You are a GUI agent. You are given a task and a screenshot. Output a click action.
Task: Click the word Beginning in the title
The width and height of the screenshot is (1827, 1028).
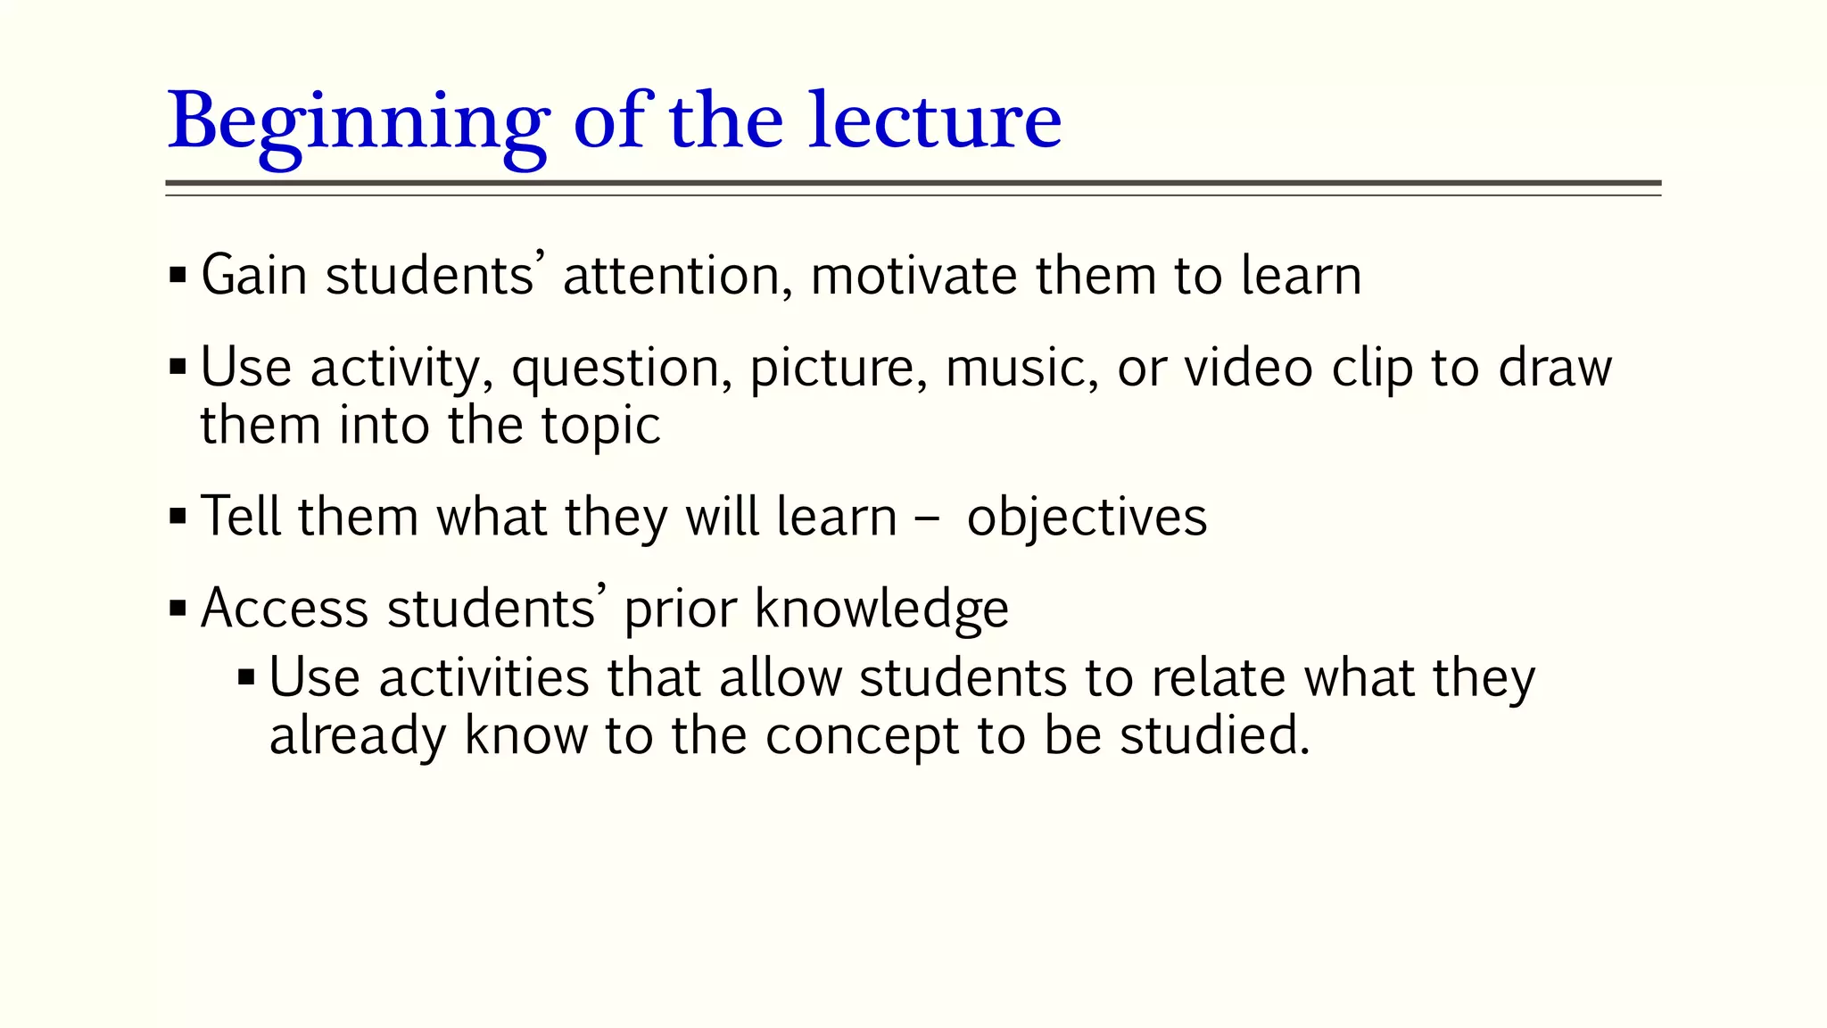tap(357, 123)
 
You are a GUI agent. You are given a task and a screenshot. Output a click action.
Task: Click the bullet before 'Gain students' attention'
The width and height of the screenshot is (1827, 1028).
tap(178, 275)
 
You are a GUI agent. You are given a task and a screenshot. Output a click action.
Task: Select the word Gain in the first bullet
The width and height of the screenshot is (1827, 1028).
tap(254, 275)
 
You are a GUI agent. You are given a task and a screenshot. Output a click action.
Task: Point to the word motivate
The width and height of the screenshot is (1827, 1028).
tap(913, 275)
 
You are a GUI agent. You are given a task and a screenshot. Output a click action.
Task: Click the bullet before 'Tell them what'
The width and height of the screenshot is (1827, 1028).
tap(178, 517)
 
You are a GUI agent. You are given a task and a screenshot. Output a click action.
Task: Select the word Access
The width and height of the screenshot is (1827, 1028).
tap(285, 609)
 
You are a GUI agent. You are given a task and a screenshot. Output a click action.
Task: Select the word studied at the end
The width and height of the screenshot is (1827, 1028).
tap(1213, 736)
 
